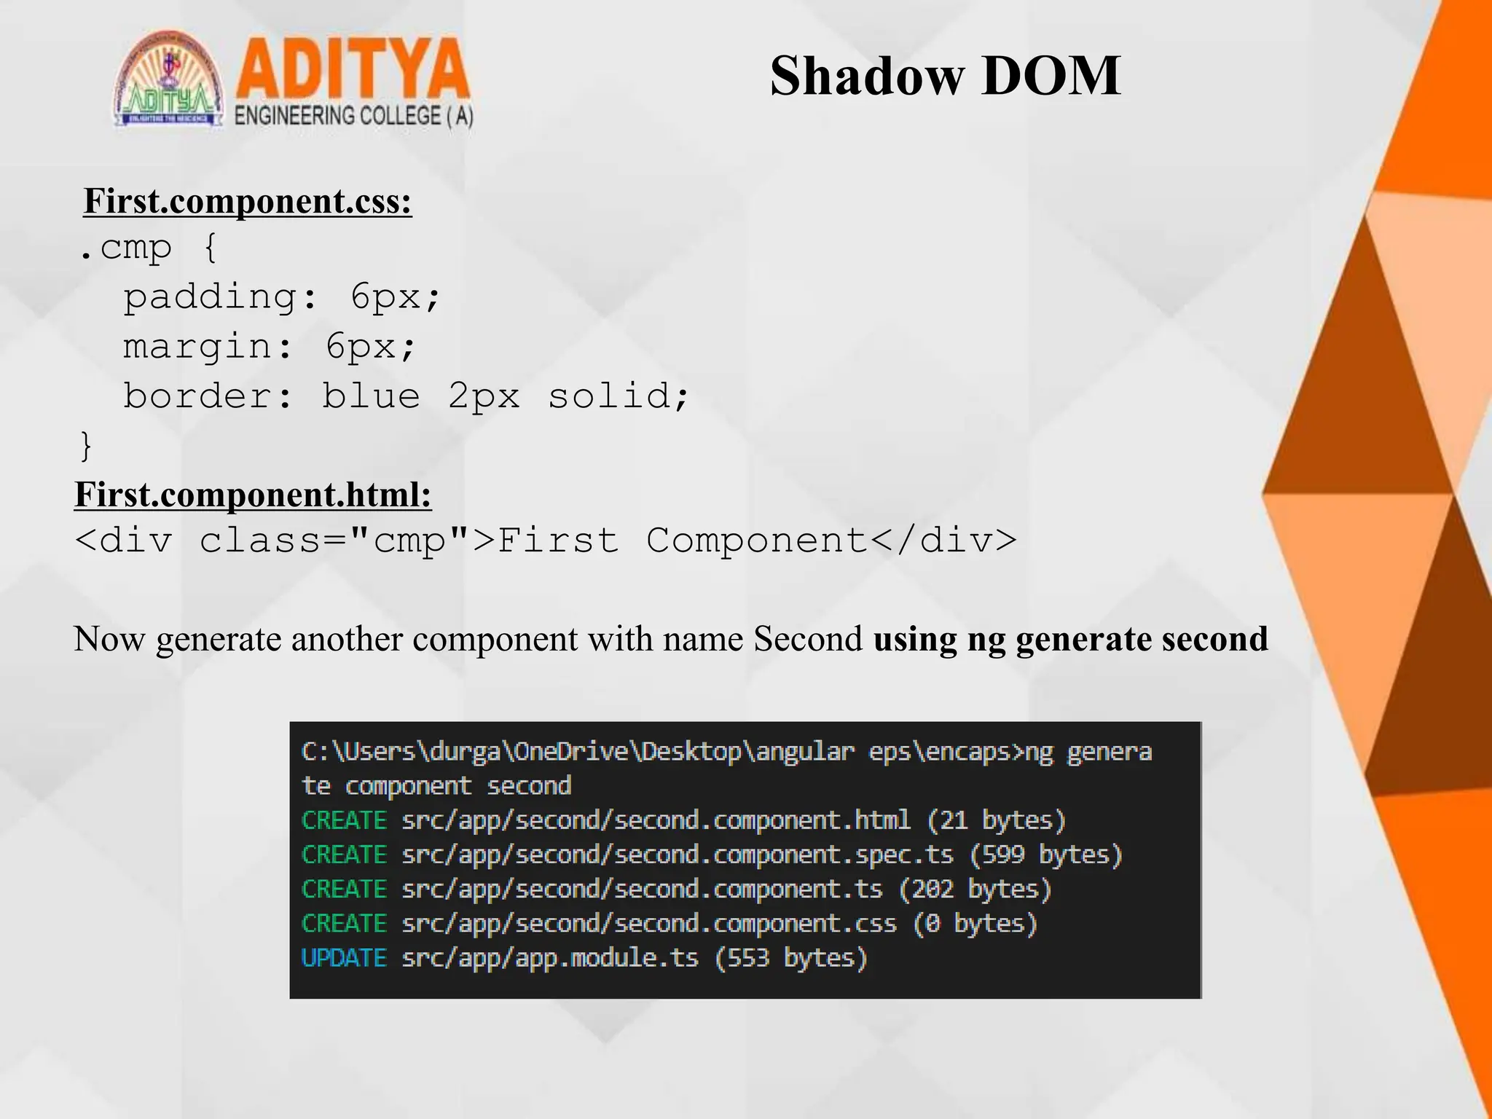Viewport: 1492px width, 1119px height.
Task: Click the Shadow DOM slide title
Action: pyautogui.click(x=945, y=76)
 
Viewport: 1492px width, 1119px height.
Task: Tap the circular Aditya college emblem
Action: pyautogui.click(x=169, y=80)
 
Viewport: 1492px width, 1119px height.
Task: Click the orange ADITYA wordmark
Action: pyautogui.click(x=353, y=70)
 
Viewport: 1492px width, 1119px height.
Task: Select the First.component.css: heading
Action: pyautogui.click(x=248, y=201)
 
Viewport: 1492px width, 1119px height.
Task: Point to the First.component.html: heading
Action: pyautogui.click(x=253, y=495)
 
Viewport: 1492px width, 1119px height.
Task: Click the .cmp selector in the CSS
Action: pyautogui.click(x=125, y=248)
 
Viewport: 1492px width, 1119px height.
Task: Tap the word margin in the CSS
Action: pyautogui.click(x=197, y=346)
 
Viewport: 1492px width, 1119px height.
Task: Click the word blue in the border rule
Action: pyautogui.click(x=371, y=396)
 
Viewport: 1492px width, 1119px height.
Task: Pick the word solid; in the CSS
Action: pyautogui.click(x=618, y=396)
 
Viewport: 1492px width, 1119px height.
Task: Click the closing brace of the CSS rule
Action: pyautogui.click(x=86, y=445)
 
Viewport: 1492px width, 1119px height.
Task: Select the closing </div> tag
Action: pyautogui.click(x=943, y=541)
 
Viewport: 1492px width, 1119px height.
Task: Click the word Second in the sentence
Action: pyautogui.click(x=807, y=639)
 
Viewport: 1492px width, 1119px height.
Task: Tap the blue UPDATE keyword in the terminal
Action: pyautogui.click(x=344, y=957)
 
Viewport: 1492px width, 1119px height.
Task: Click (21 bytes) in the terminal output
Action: pyautogui.click(x=996, y=820)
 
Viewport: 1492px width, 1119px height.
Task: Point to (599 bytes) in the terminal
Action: pyautogui.click(x=1046, y=855)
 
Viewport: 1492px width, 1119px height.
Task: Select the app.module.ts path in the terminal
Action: pyautogui.click(x=550, y=957)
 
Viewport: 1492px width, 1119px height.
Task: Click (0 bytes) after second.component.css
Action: pyautogui.click(x=975, y=923)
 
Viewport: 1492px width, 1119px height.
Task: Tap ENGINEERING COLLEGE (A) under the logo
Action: pyautogui.click(x=353, y=117)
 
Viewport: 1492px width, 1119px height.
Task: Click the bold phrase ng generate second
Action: pyautogui.click(x=1118, y=639)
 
